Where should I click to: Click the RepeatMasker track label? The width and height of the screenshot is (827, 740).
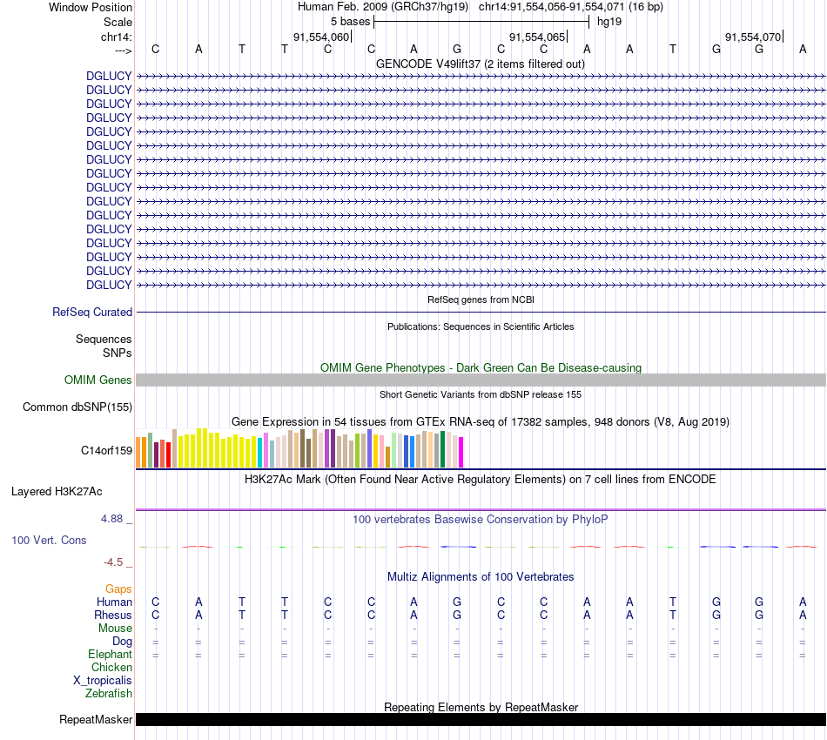(x=96, y=720)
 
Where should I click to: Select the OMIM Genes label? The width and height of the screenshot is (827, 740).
(x=98, y=380)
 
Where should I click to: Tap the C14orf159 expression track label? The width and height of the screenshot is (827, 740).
(x=106, y=451)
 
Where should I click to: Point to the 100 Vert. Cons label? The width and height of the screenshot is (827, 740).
(x=49, y=541)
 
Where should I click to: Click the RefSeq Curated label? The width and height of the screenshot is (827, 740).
(x=92, y=313)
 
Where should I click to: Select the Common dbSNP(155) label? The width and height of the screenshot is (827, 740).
(x=77, y=407)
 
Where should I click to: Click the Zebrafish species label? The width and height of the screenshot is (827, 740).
(x=109, y=694)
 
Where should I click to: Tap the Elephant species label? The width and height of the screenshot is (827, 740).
(x=110, y=655)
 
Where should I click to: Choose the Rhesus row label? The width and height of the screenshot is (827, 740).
(x=112, y=616)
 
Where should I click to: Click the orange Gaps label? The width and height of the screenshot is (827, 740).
(x=118, y=589)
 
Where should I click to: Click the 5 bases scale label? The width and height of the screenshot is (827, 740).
(x=350, y=22)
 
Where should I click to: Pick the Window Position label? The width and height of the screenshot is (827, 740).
(x=91, y=8)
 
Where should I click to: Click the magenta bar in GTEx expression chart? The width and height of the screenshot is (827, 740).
(x=461, y=452)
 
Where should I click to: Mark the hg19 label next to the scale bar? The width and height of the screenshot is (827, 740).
(x=608, y=22)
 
